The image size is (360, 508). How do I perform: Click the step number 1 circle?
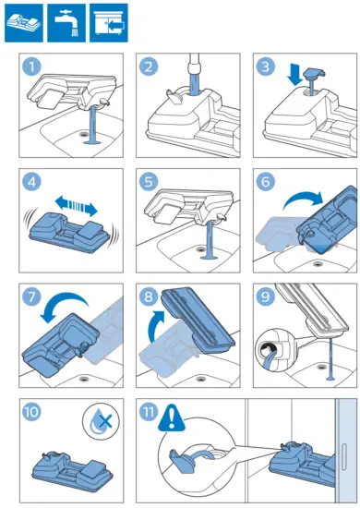click(x=31, y=67)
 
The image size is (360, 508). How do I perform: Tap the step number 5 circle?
click(x=149, y=182)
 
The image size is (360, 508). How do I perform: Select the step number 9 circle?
click(x=266, y=296)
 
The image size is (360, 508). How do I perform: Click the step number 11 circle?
click(x=149, y=412)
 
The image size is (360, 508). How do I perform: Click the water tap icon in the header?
click(x=66, y=23)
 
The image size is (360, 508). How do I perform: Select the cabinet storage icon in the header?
click(x=109, y=23)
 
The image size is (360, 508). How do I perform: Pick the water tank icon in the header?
click(x=24, y=23)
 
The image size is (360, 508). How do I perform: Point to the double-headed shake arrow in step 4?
click(x=76, y=206)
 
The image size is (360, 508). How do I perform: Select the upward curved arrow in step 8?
click(x=154, y=325)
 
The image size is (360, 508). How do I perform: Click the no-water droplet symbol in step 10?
click(x=101, y=421)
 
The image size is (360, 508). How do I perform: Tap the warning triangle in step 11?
click(x=172, y=417)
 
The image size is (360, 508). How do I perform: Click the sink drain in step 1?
click(x=84, y=133)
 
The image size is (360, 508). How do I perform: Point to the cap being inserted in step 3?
click(x=312, y=79)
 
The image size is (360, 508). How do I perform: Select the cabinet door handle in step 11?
click(x=343, y=456)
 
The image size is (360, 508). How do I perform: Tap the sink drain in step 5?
click(x=201, y=248)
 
